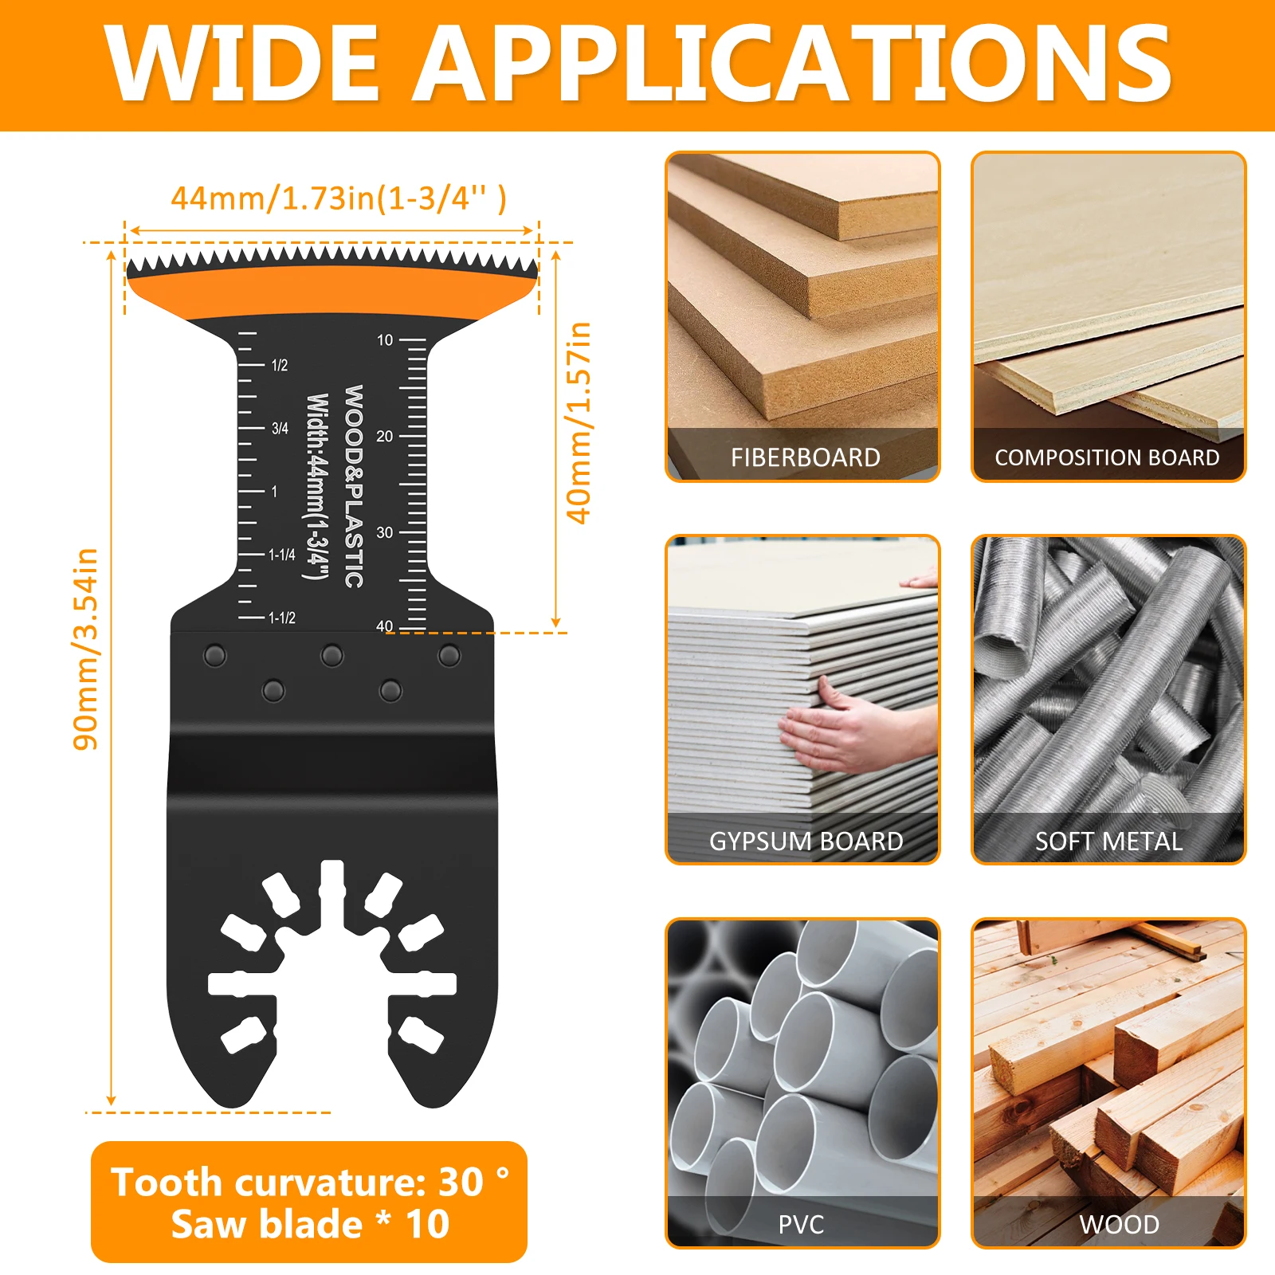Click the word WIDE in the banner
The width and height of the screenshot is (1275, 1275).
[243, 64]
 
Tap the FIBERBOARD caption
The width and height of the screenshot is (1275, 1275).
[805, 457]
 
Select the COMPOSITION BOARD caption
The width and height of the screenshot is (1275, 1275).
[1107, 457]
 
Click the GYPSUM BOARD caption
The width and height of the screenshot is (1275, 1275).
[806, 841]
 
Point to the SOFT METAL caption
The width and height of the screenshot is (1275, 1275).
[1108, 841]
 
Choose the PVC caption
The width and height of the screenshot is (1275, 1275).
[801, 1225]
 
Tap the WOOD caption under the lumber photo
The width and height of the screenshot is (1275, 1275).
[1119, 1225]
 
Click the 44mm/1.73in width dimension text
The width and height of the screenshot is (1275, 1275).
[339, 198]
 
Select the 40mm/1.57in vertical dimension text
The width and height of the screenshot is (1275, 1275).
[579, 422]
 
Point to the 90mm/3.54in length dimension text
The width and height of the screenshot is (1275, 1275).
[86, 649]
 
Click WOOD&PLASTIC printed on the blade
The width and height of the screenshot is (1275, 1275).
[354, 486]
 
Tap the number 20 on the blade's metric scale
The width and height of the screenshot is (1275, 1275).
[385, 437]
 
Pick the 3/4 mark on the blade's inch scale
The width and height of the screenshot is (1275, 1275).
[280, 429]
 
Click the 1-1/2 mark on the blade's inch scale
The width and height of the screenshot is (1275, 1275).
[282, 618]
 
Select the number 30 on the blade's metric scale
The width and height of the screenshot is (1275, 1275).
[385, 532]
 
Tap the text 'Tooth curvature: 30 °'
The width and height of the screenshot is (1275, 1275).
[309, 1182]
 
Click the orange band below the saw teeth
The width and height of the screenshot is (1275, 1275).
[331, 291]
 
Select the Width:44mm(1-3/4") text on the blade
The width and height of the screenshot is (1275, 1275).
[316, 486]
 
